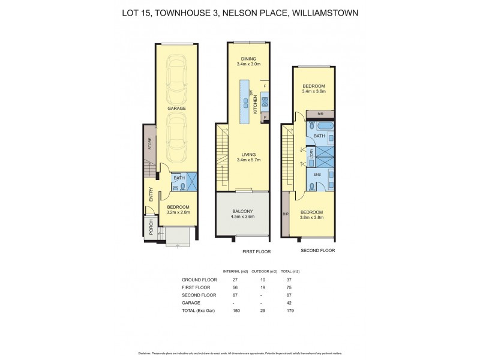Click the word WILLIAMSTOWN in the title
click(325, 12)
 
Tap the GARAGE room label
click(176, 109)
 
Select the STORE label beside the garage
click(150, 144)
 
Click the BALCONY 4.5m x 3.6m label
click(242, 214)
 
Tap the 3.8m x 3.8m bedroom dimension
click(312, 217)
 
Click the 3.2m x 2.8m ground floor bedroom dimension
click(177, 212)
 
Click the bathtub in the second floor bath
click(325, 127)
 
